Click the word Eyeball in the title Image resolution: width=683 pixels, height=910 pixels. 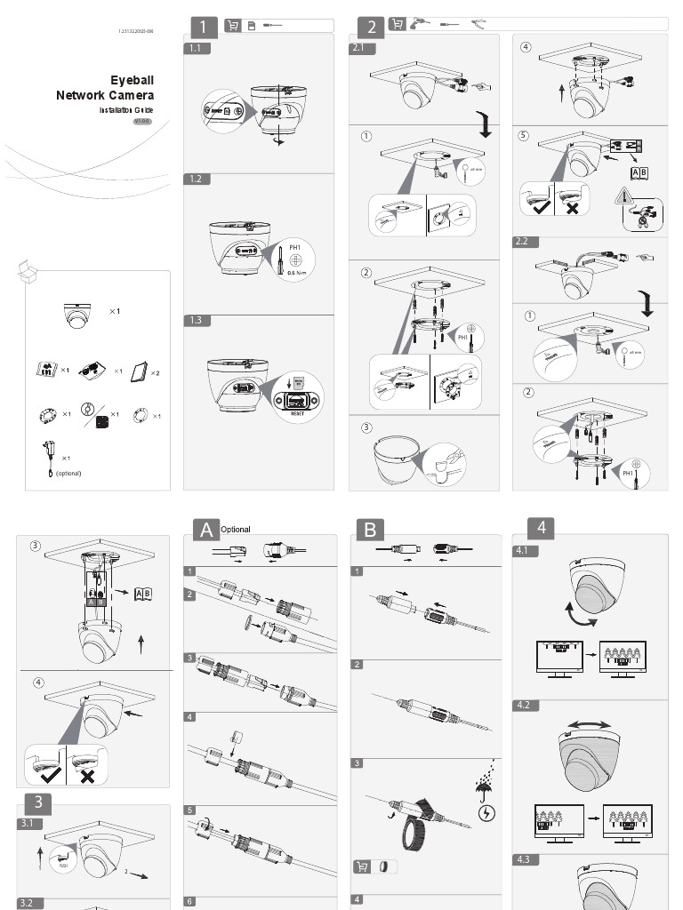click(132, 80)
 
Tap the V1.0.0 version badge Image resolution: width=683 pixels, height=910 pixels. click(142, 121)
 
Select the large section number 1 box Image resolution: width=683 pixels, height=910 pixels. click(204, 27)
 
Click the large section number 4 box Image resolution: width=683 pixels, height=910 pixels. click(541, 527)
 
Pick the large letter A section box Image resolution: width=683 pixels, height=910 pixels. click(206, 530)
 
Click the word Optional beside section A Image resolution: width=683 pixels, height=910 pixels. click(236, 530)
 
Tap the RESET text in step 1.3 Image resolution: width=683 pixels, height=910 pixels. click(298, 413)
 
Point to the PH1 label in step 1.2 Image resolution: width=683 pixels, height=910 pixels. click(296, 247)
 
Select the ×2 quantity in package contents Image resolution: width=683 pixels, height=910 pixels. click(155, 372)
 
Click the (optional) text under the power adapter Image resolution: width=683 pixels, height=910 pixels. click(68, 473)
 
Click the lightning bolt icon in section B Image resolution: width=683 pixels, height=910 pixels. click(487, 812)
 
